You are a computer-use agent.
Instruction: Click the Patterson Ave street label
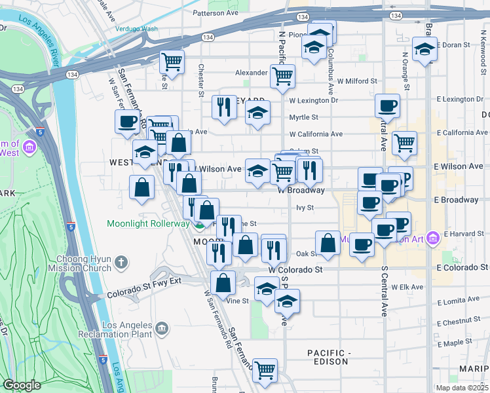tap(216, 12)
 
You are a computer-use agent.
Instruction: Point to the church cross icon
tap(120, 263)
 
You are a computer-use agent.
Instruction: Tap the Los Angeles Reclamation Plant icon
tap(160, 327)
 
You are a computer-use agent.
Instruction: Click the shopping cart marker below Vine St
tap(265, 369)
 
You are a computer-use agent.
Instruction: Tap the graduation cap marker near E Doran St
tap(424, 49)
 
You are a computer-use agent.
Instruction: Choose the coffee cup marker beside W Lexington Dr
tap(387, 105)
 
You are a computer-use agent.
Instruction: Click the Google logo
tap(22, 385)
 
